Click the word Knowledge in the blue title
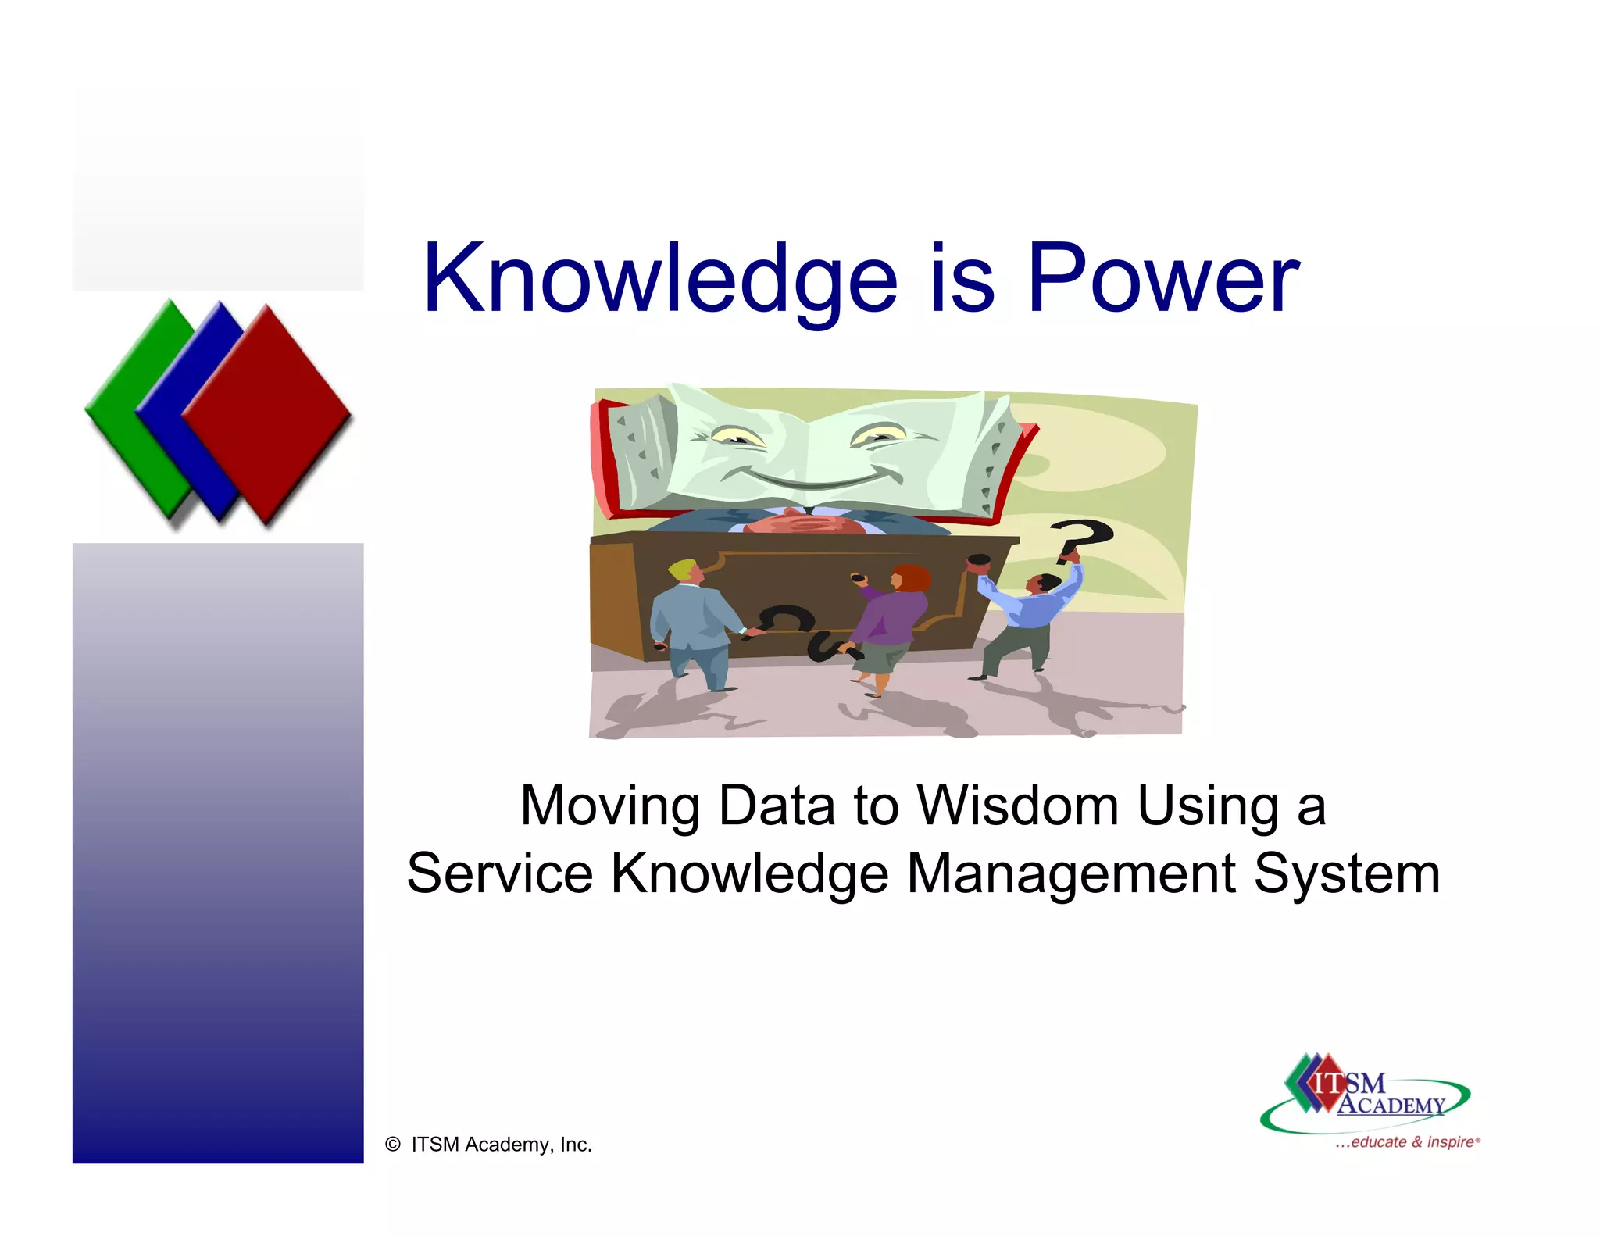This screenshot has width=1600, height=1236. point(660,280)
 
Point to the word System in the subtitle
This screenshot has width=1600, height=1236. point(1346,873)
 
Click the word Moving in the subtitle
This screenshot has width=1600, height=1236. point(609,806)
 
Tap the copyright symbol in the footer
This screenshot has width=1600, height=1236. point(393,1145)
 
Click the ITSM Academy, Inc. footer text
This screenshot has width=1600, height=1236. point(502,1145)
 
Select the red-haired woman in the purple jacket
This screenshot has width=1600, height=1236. point(891,625)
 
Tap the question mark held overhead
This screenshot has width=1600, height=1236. point(1082,539)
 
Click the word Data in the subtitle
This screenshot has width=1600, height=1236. point(777,806)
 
